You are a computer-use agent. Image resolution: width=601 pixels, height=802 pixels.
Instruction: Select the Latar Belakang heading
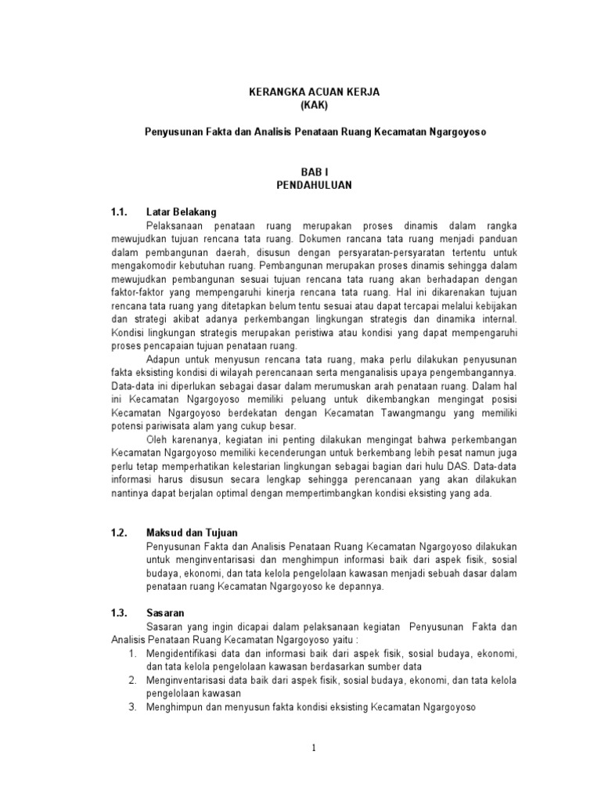[x=182, y=211]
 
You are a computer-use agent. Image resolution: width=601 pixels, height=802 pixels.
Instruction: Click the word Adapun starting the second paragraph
[x=164, y=359]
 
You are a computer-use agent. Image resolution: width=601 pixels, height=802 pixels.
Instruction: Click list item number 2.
[x=132, y=681]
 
